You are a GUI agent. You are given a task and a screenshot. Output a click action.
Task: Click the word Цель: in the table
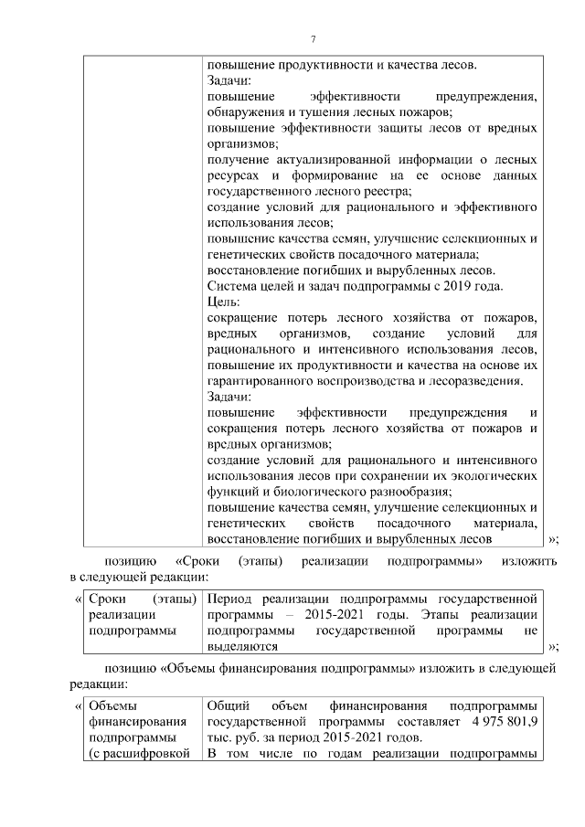(222, 302)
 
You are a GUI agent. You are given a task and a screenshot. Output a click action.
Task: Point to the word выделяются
(242, 646)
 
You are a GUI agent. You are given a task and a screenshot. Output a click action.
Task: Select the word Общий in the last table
(228, 705)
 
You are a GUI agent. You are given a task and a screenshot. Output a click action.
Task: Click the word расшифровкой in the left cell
(146, 754)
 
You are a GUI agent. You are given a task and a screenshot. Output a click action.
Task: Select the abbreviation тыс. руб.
(239, 737)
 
